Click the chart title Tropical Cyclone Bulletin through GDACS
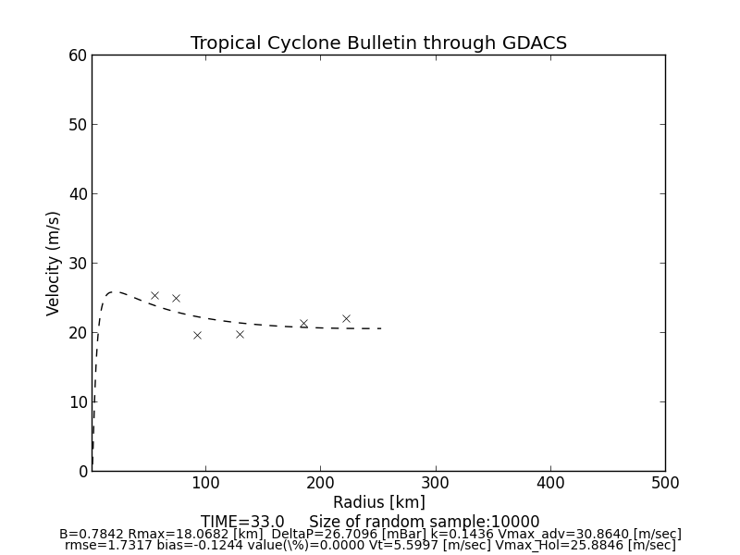tap(378, 43)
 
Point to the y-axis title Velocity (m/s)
tap(54, 263)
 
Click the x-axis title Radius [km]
tap(378, 502)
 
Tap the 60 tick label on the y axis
tap(78, 55)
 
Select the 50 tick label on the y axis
tap(78, 125)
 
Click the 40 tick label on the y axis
tap(78, 194)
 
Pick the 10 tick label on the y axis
tap(78, 401)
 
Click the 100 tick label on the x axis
tap(205, 483)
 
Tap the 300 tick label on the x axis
tap(435, 483)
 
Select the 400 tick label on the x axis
tap(550, 483)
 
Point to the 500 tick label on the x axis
tap(665, 483)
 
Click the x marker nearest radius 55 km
tap(154, 295)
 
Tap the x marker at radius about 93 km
tap(197, 335)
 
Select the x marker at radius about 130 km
tap(240, 334)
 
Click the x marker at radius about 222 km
tap(346, 318)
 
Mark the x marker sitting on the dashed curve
tap(303, 324)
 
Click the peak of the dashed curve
tap(115, 291)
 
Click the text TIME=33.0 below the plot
tap(242, 522)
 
